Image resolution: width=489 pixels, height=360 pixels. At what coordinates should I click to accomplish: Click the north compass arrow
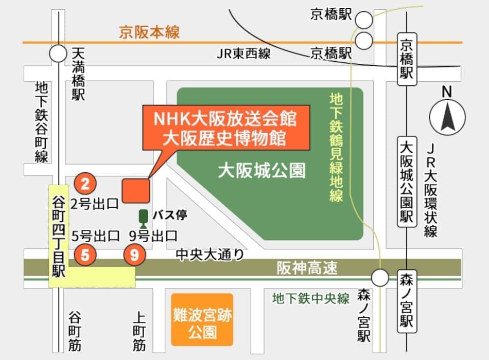pyautogui.click(x=447, y=117)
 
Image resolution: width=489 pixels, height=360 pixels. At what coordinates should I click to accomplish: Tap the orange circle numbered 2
pyautogui.click(x=85, y=183)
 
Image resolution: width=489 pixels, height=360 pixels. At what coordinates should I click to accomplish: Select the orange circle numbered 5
pyautogui.click(x=85, y=255)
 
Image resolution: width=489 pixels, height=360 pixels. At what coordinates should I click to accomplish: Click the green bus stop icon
pyautogui.click(x=143, y=218)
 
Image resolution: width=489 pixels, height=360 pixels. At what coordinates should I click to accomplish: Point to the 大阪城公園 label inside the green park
pyautogui.click(x=261, y=170)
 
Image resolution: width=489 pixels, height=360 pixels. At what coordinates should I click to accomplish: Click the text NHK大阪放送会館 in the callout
pyautogui.click(x=226, y=119)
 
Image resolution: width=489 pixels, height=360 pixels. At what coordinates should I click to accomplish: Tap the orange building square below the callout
pyautogui.click(x=136, y=190)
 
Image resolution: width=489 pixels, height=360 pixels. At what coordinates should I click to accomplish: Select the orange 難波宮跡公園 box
pyautogui.click(x=202, y=319)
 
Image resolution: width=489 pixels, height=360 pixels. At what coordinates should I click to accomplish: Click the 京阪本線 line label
pyautogui.click(x=149, y=32)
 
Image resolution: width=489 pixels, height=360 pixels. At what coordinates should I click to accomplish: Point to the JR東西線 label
pyautogui.click(x=243, y=53)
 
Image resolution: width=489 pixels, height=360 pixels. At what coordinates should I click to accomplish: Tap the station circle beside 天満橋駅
pyautogui.click(x=58, y=53)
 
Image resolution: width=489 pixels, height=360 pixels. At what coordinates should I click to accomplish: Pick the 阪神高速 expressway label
pyautogui.click(x=307, y=267)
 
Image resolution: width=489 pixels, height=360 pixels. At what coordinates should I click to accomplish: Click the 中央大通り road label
pyautogui.click(x=209, y=254)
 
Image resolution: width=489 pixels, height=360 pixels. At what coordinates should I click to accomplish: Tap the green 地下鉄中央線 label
pyautogui.click(x=311, y=298)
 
